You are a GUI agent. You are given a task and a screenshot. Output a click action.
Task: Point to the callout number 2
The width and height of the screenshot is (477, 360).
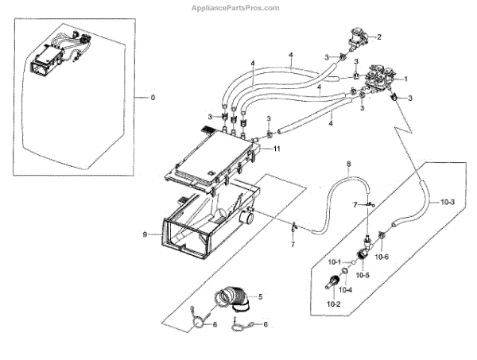pyautogui.click(x=379, y=37)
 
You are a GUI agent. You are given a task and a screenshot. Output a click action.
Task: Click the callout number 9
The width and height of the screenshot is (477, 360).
pyautogui.click(x=145, y=234)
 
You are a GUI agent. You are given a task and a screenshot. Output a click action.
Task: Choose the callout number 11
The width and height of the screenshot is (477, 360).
pyautogui.click(x=277, y=149)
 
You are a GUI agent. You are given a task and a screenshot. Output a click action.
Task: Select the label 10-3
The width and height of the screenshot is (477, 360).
pyautogui.click(x=447, y=202)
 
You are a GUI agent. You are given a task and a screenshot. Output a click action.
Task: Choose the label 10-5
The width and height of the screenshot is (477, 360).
pyautogui.click(x=362, y=275)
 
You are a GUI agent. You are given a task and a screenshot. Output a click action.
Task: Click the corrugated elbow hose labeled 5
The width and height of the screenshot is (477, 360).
pyautogui.click(x=235, y=304)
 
